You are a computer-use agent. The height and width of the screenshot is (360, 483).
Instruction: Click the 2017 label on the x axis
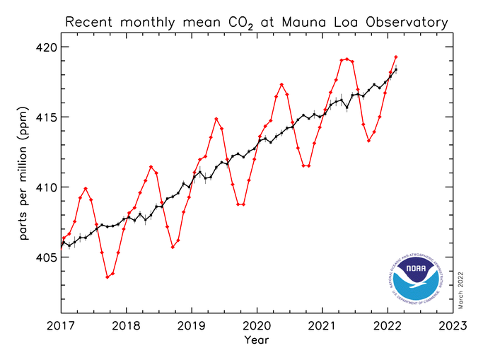pyautogui.click(x=62, y=326)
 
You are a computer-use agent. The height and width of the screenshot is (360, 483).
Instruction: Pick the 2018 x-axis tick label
pyautogui.click(x=127, y=326)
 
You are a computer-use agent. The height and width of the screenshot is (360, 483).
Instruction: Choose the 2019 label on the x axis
pyautogui.click(x=192, y=326)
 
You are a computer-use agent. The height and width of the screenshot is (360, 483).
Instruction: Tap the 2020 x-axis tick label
pyautogui.click(x=257, y=326)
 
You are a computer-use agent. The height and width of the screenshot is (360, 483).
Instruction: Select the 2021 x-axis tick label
pyautogui.click(x=322, y=326)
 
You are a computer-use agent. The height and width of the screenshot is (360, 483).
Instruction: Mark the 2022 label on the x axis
pyautogui.click(x=388, y=326)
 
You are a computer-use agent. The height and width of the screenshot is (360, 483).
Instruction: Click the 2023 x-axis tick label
pyautogui.click(x=453, y=326)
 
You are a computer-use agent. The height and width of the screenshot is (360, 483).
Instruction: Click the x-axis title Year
pyautogui.click(x=256, y=340)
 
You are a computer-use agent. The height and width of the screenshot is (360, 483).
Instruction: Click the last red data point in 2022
pyautogui.click(x=396, y=57)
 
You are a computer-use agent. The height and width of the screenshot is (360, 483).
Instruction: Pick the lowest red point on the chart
pyautogui.click(x=107, y=277)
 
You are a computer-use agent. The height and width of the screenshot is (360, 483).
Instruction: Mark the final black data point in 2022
pyautogui.click(x=396, y=69)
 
